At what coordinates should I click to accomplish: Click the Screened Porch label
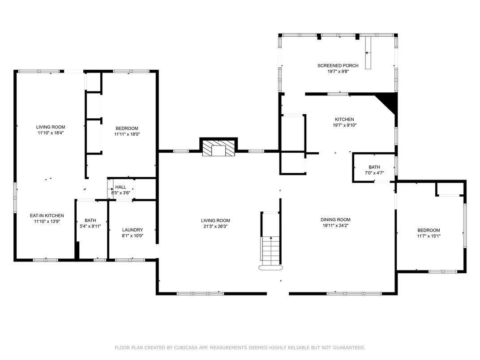[x=338, y=65]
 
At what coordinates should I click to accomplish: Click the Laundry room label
[x=132, y=230]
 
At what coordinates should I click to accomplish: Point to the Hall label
[x=120, y=187]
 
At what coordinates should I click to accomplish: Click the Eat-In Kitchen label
[x=47, y=215]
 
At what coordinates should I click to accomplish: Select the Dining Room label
[x=335, y=219]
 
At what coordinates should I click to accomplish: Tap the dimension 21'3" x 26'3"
[x=215, y=226]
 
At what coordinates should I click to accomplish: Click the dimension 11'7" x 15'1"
[x=429, y=236]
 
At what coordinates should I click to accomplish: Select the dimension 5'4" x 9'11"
[x=90, y=226]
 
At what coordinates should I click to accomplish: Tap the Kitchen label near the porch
[x=344, y=119]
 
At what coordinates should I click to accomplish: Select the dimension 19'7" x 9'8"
[x=338, y=71]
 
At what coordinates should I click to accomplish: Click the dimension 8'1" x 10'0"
[x=132, y=236]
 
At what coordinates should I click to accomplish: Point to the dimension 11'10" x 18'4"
[x=51, y=133]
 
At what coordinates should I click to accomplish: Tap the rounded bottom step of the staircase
[x=270, y=268]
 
